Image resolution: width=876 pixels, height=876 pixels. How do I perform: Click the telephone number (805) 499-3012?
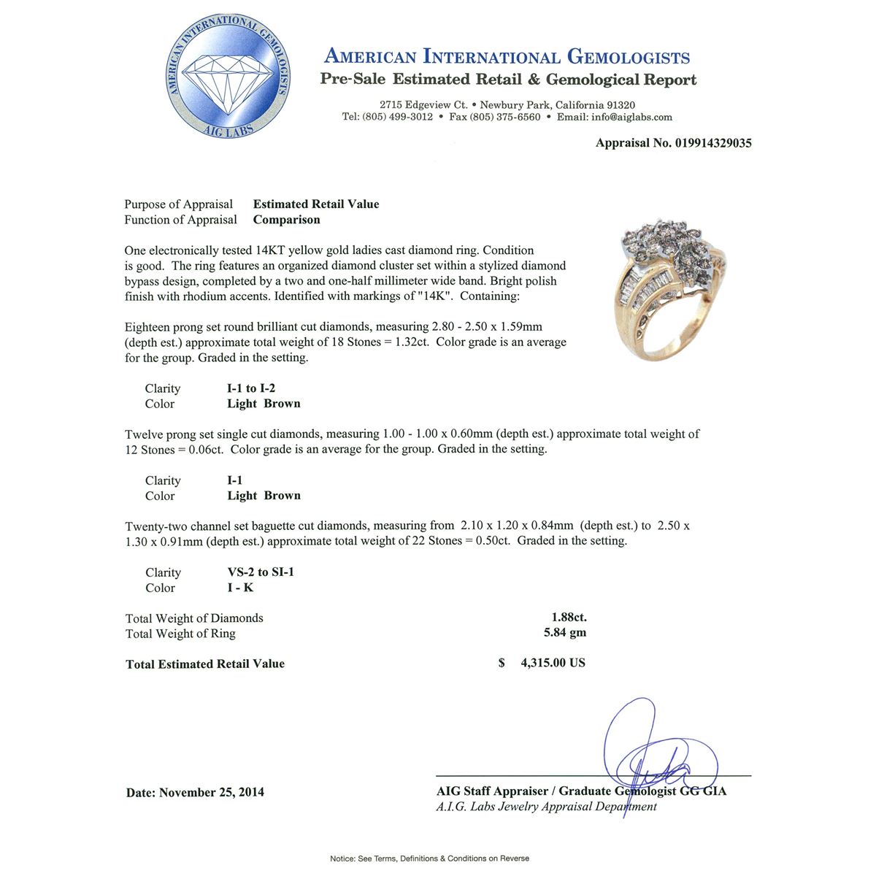click(x=397, y=117)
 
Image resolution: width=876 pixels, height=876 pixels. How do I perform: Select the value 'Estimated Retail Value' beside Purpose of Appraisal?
click(x=316, y=204)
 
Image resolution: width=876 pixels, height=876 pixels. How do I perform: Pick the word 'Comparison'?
click(x=286, y=220)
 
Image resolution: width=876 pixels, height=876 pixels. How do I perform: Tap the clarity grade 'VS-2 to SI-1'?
click(x=261, y=572)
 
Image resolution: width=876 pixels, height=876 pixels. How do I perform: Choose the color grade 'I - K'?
click(x=240, y=588)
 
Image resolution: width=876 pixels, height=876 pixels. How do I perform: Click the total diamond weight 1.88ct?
click(x=569, y=618)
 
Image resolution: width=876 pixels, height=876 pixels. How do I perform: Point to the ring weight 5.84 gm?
click(x=564, y=633)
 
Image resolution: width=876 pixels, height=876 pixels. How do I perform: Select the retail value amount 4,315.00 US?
click(x=553, y=663)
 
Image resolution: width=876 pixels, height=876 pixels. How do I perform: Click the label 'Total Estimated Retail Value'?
click(x=205, y=664)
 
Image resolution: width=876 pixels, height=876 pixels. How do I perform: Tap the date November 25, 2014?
click(x=211, y=792)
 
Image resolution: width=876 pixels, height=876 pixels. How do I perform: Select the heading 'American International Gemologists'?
click(x=507, y=57)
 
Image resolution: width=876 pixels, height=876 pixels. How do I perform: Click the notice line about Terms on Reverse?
click(x=429, y=858)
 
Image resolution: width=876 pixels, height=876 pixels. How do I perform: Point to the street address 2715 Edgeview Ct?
click(x=423, y=105)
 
